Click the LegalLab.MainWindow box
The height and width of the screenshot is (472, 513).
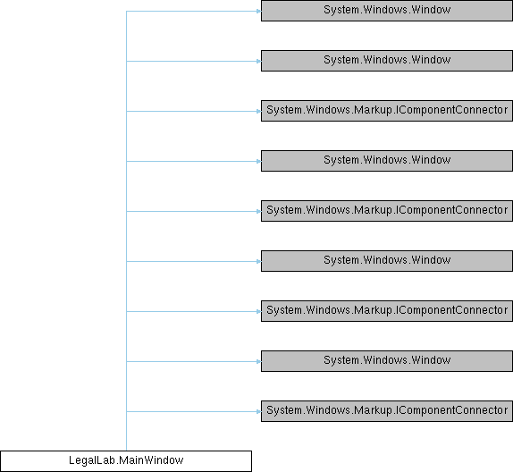click(x=126, y=461)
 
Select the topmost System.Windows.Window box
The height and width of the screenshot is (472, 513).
click(x=387, y=11)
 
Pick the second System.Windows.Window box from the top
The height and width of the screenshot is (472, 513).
click(x=387, y=61)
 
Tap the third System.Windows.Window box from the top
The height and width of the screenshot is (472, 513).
click(x=387, y=161)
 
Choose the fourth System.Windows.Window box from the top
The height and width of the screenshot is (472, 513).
click(x=387, y=261)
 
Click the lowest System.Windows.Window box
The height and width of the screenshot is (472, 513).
click(x=387, y=361)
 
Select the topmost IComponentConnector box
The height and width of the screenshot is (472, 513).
click(x=387, y=111)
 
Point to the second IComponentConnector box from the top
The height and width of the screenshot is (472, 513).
click(x=387, y=211)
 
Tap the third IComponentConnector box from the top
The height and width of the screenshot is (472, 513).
click(x=387, y=311)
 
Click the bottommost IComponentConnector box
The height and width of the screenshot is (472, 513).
click(x=387, y=411)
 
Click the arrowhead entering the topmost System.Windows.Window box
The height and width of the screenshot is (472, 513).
click(x=259, y=11)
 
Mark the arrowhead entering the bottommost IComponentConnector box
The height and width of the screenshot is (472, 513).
click(x=259, y=411)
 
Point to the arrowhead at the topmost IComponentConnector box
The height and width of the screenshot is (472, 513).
click(x=259, y=111)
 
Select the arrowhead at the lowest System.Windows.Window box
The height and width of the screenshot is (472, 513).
click(x=259, y=361)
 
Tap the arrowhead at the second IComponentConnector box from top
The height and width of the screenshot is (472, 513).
click(x=259, y=212)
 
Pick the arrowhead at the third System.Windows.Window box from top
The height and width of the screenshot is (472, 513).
click(x=259, y=162)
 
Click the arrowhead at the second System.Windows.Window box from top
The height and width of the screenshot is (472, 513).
click(x=259, y=61)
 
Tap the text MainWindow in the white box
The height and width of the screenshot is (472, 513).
click(x=151, y=460)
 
